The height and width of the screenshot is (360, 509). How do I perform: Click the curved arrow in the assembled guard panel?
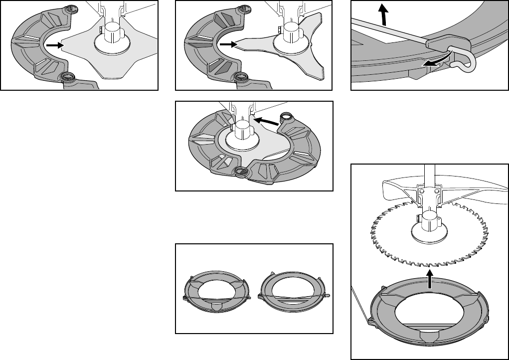pyautogui.click(x=265, y=121)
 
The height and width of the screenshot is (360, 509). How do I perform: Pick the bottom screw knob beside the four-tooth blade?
pyautogui.click(x=66, y=77)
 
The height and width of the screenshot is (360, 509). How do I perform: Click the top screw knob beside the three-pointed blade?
pyautogui.click(x=244, y=8)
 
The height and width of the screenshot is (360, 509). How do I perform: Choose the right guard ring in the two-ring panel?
pyautogui.click(x=294, y=292)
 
